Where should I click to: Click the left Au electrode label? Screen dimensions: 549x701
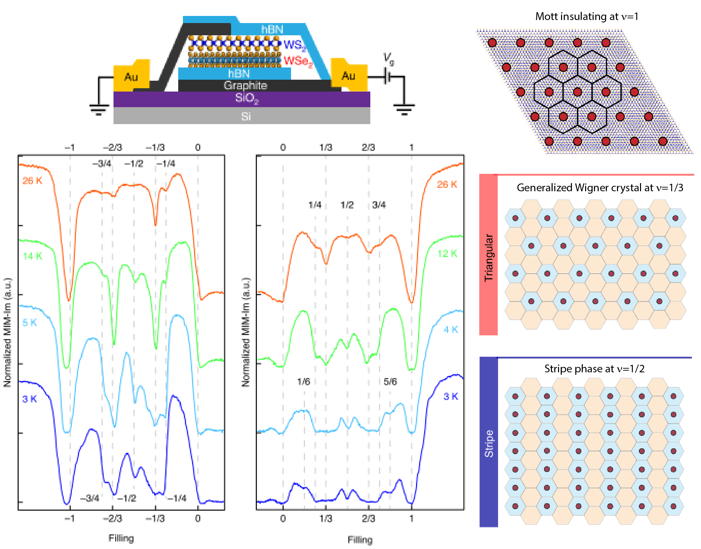[x=131, y=77]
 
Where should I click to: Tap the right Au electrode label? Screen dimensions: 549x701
[x=348, y=76]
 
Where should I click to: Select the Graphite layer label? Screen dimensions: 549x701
[x=245, y=85]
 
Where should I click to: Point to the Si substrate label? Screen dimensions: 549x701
[x=246, y=116]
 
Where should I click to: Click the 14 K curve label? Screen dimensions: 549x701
[x=33, y=256]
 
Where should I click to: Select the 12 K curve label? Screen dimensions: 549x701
[x=447, y=253]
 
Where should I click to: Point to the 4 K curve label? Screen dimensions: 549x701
[x=451, y=329]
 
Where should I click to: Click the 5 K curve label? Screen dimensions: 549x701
[x=29, y=322]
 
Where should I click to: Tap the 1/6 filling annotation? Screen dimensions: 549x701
[x=304, y=381]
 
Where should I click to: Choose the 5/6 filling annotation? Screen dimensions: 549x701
[x=390, y=381]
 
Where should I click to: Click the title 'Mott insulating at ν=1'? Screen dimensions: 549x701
[x=586, y=16]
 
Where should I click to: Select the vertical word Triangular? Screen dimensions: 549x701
[x=489, y=257]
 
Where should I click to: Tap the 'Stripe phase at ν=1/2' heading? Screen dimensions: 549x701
[x=594, y=369]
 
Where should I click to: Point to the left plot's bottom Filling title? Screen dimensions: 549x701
[x=121, y=538]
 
